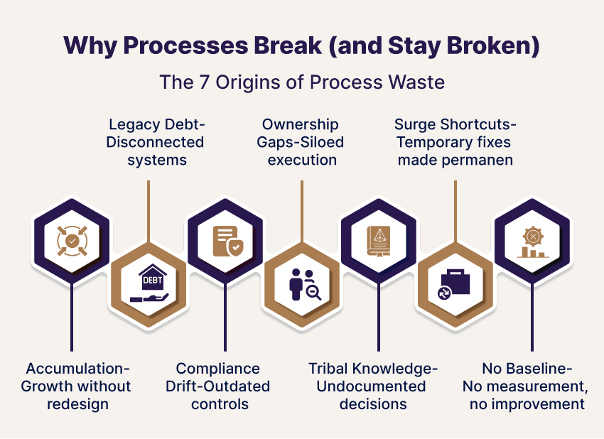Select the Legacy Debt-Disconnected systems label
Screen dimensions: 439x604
155,142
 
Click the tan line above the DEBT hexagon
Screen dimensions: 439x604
149,210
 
